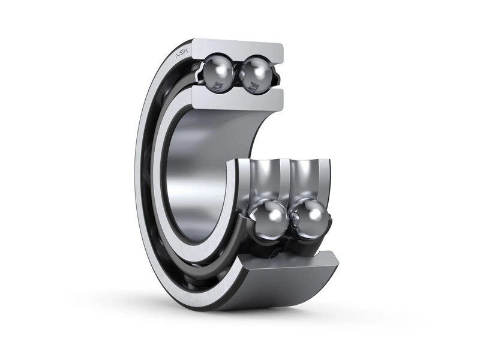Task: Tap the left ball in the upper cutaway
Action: [x=217, y=71]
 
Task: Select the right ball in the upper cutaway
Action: [x=256, y=72]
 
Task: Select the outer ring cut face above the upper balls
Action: [x=237, y=48]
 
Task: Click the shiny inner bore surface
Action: [x=198, y=174]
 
